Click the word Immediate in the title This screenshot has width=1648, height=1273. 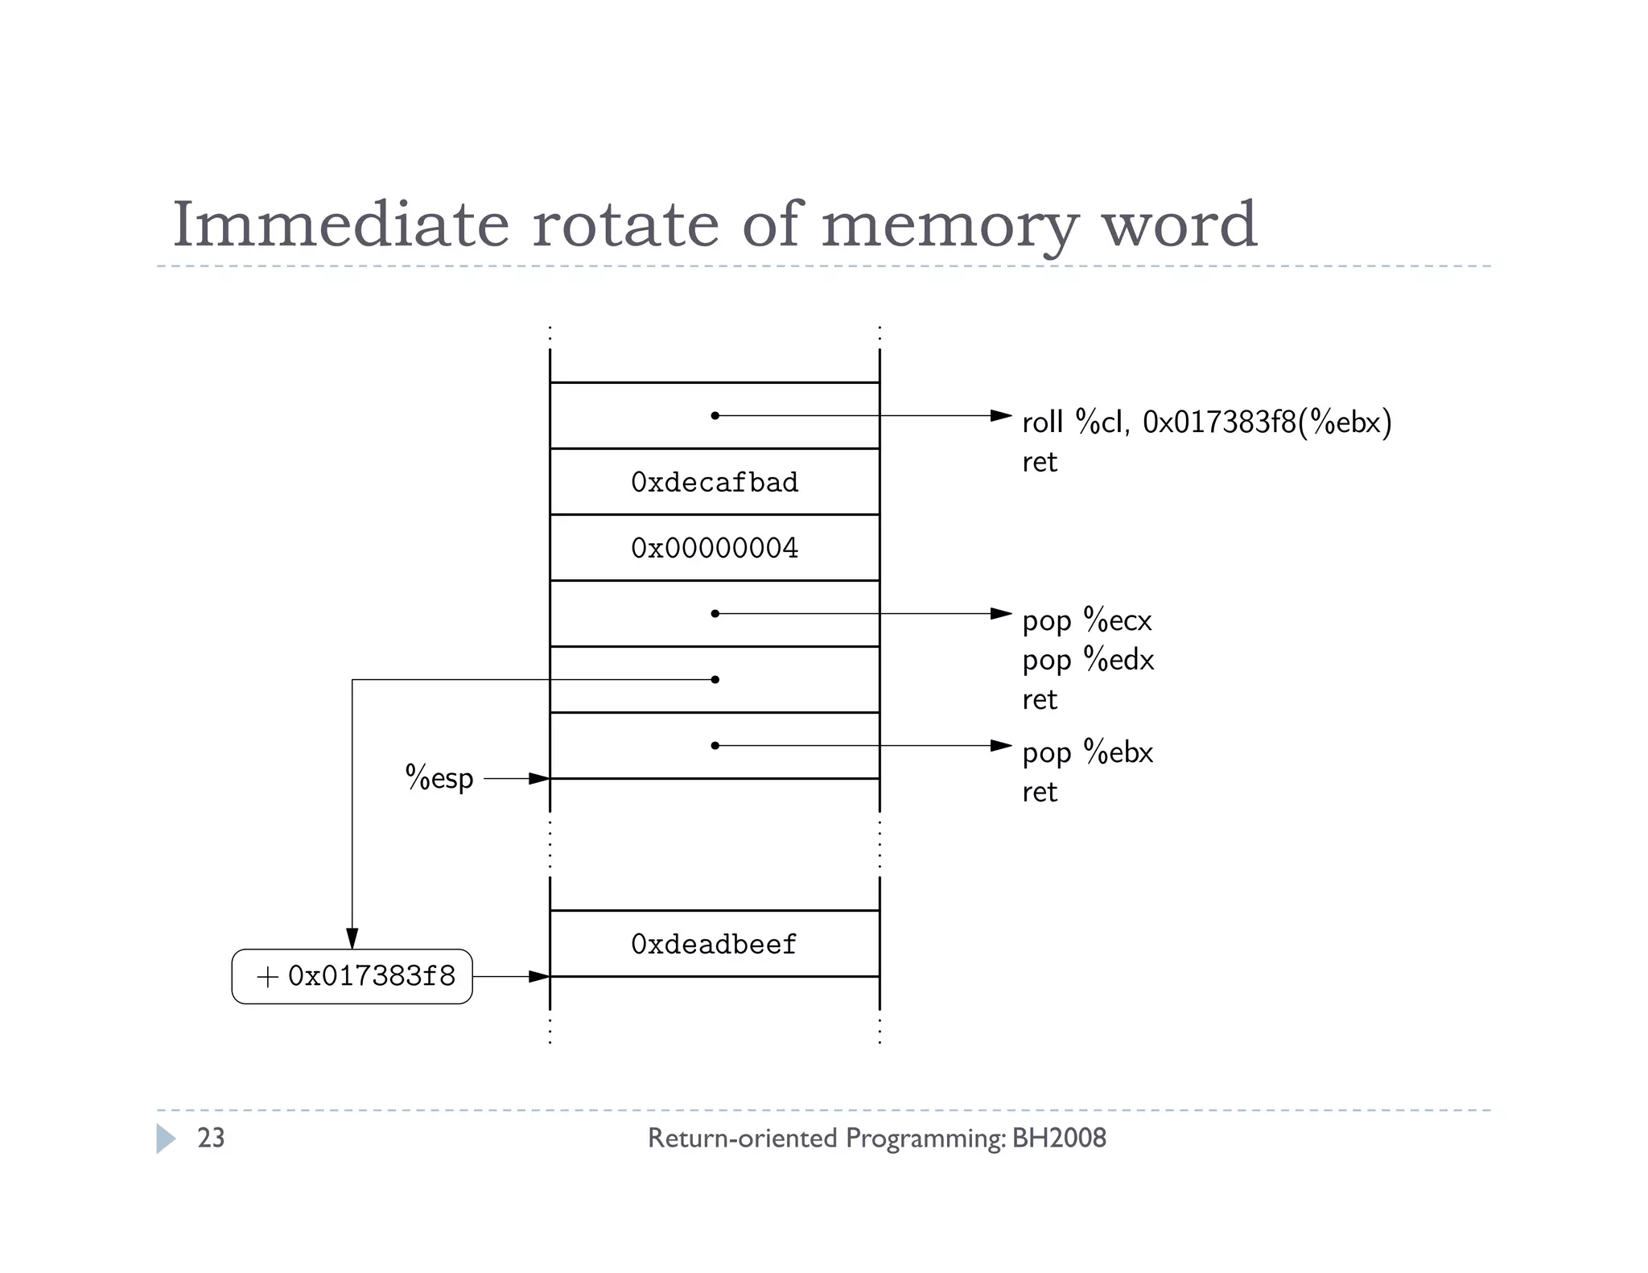(341, 225)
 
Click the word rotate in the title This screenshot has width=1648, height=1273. (624, 225)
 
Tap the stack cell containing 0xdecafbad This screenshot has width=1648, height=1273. (715, 482)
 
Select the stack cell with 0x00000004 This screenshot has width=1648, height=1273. (715, 548)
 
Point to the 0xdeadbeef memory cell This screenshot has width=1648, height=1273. (715, 944)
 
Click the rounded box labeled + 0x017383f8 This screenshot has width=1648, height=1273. (352, 976)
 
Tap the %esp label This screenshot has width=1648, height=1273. (439, 778)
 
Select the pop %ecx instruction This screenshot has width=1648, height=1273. (1086, 620)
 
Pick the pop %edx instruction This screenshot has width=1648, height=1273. (1088, 660)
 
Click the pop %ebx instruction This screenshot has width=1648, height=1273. (1087, 752)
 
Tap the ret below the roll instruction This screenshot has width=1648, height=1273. (1040, 462)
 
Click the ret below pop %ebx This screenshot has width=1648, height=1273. (1040, 792)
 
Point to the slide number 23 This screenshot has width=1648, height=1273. (211, 1138)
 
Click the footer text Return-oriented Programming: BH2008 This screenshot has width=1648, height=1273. (876, 1138)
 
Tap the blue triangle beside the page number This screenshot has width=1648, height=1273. (165, 1139)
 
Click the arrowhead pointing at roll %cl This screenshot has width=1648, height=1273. (1000, 416)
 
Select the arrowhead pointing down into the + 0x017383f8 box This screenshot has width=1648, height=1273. (352, 938)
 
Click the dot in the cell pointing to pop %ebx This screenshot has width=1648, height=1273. (715, 746)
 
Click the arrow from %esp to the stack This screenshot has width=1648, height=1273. (516, 778)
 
